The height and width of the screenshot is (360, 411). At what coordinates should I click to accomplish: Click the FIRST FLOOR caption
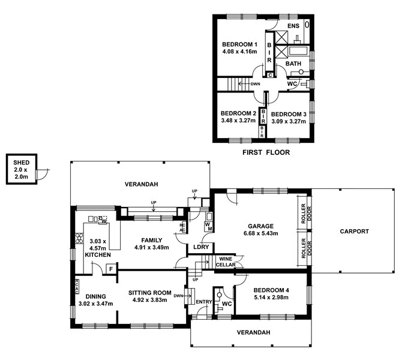(266, 152)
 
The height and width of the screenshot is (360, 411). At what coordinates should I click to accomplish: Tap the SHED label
(21, 161)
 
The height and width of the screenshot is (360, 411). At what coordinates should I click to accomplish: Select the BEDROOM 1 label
(239, 44)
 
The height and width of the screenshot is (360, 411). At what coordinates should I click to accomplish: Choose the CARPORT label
(354, 231)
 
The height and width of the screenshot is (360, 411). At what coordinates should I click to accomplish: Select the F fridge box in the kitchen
(110, 269)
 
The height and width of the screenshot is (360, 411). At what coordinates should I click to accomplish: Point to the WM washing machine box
(208, 226)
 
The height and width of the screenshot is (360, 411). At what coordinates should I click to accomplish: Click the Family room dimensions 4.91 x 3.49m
(151, 247)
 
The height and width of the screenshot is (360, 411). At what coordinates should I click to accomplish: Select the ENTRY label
(204, 301)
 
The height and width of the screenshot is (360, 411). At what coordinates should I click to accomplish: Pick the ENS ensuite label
(293, 26)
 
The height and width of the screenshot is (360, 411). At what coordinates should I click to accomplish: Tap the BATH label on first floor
(293, 64)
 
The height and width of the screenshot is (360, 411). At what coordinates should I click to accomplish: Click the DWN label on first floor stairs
(255, 84)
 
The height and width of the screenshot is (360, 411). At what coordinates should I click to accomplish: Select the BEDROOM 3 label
(289, 114)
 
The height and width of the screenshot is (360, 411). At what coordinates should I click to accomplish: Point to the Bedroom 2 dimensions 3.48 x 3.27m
(238, 121)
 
